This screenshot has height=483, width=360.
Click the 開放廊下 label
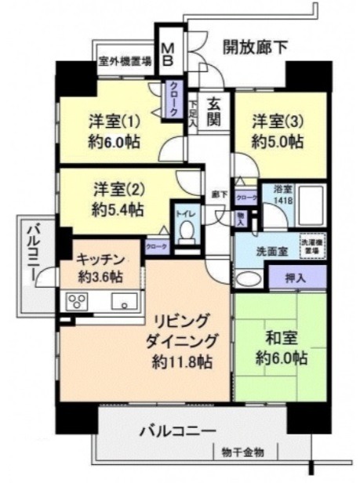pos(255,46)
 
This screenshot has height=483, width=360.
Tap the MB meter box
pos(169,53)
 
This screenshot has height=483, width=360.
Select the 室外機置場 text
pos(125,60)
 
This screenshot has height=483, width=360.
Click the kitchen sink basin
pos(124,300)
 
